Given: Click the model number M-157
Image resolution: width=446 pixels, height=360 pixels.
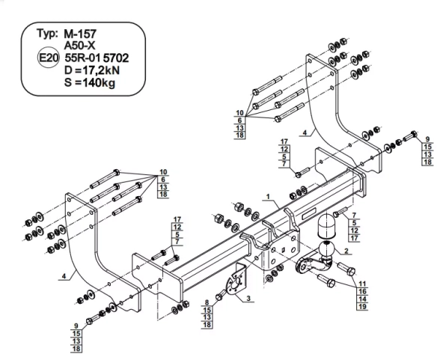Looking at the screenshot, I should pos(82,34).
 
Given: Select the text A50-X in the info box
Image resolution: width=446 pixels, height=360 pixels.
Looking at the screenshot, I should pos(79,45).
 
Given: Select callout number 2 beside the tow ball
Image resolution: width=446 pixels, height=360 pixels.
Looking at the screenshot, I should pos(346,251).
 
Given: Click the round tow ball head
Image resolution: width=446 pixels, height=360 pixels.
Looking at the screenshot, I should pos(327,248).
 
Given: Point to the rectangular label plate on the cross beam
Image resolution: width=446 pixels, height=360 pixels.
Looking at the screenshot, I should pos(306,216).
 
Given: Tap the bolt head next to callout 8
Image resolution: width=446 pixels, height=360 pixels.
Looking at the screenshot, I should pos(220,293).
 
